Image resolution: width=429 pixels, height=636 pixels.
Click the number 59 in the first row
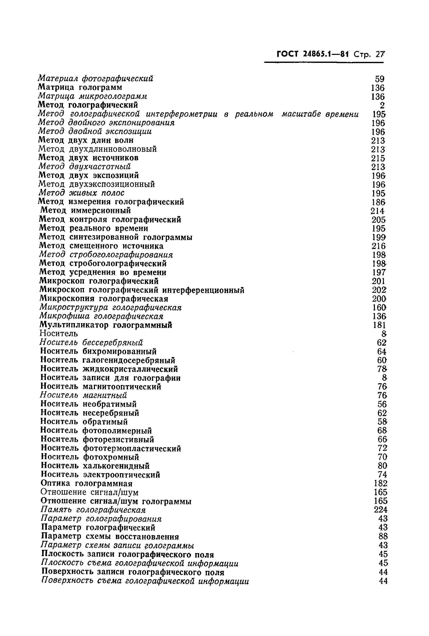(380, 79)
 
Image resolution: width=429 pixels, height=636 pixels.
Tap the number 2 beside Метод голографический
(382, 105)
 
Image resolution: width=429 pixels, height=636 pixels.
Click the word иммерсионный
(101, 210)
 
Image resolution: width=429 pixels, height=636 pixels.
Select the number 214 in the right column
(378, 211)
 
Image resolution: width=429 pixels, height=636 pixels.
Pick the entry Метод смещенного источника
(101, 246)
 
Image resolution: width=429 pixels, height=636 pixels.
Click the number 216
(378, 246)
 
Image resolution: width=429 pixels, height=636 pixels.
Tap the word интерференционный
(203, 290)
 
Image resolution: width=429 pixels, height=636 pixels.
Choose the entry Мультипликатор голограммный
(106, 325)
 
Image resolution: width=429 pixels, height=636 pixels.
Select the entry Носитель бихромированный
(98, 351)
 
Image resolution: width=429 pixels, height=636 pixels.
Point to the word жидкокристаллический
(130, 369)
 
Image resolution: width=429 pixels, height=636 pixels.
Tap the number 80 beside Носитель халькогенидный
(382, 466)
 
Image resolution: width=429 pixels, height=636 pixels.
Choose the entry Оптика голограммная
(86, 483)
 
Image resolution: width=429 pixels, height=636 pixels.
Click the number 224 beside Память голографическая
(381, 510)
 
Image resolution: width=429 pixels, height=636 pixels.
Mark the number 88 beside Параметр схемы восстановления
(383, 536)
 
